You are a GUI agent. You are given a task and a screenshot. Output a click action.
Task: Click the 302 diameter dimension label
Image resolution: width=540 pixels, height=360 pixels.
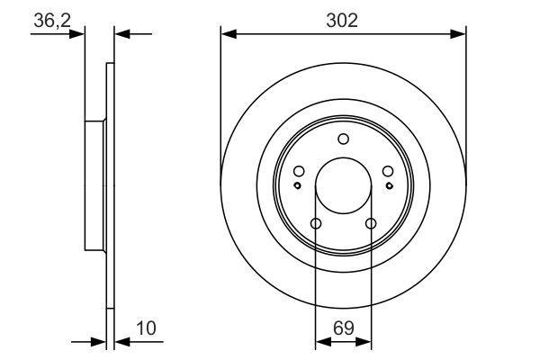tap(342, 21)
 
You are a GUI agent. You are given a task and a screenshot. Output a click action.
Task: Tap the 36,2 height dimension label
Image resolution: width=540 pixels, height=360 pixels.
tap(52, 21)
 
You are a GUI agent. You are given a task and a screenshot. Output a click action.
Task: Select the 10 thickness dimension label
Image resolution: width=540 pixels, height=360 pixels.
tap(147, 328)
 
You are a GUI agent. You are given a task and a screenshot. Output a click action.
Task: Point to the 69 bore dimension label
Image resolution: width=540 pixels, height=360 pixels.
tap(344, 328)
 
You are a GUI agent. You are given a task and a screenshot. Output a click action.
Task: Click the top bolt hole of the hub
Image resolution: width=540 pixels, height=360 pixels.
tap(344, 139)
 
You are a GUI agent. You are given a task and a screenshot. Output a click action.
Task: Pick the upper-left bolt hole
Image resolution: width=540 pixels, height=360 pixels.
tap(299, 171)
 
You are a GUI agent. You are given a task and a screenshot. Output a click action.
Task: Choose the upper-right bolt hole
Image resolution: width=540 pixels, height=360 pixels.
tap(388, 171)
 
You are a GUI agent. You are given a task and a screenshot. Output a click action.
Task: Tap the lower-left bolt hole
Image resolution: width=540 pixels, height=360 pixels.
tap(316, 223)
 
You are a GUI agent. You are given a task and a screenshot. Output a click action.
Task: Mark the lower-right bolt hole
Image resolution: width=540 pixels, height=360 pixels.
tap(371, 223)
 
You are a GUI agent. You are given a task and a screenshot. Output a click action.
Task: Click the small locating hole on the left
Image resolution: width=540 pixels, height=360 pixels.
tap(297, 185)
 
